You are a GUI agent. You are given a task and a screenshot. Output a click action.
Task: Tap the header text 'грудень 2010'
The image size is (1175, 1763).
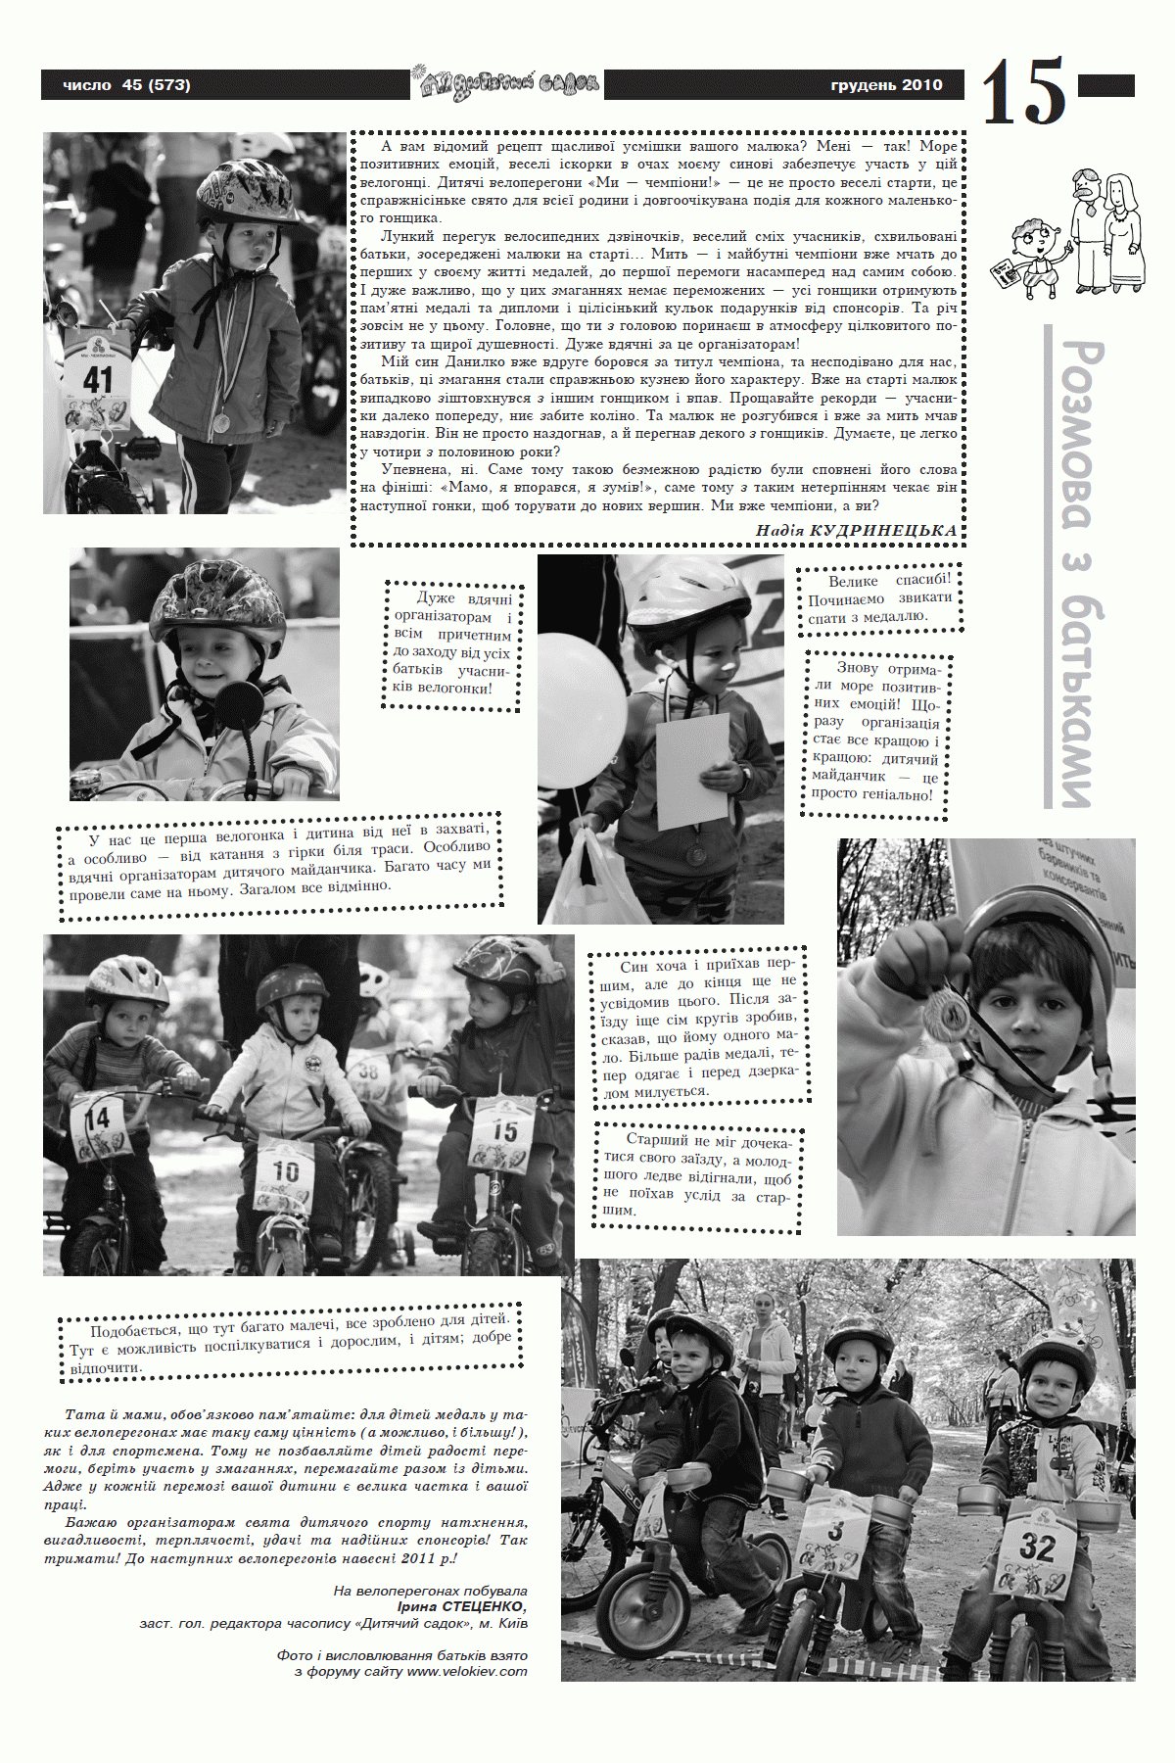[886, 85]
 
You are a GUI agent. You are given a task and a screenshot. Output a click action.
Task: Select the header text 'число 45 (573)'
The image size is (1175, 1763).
[126, 85]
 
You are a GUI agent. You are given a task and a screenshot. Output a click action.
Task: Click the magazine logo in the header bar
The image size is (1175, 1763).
[507, 84]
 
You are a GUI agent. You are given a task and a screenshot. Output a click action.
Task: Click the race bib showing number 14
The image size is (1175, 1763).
[97, 1119]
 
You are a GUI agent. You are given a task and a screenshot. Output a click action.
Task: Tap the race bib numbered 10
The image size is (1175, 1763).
[285, 1171]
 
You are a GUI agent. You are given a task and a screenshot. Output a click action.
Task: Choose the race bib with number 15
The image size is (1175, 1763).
[503, 1131]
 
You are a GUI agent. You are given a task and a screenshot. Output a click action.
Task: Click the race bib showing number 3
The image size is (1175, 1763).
[835, 1531]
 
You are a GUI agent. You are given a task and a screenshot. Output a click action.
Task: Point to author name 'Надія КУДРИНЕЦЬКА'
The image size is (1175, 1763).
[856, 530]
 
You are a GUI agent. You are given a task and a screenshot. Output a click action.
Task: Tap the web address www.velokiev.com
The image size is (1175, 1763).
[467, 1671]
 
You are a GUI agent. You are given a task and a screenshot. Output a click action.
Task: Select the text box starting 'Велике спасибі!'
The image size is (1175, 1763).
[878, 598]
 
